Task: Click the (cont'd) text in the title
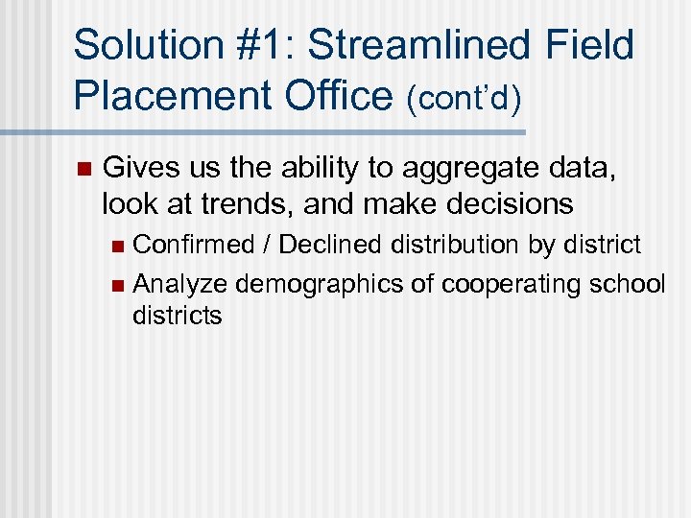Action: (466, 99)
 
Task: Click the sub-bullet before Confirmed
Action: (117, 247)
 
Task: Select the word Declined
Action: (331, 245)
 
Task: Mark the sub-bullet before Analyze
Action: (117, 285)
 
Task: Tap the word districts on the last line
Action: (177, 315)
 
